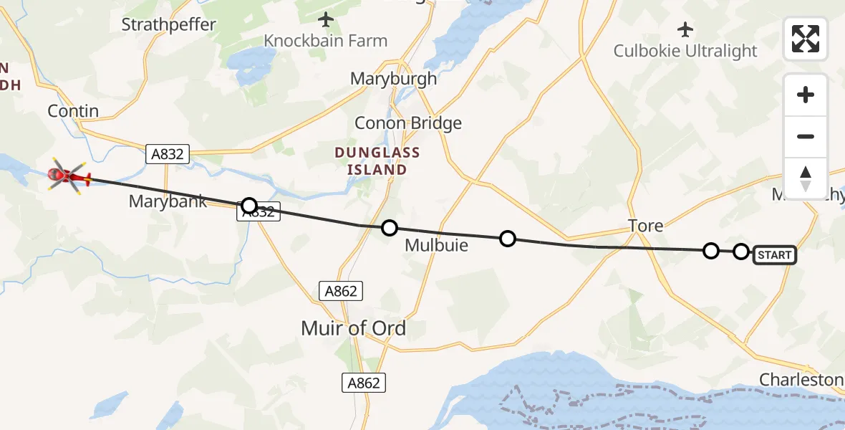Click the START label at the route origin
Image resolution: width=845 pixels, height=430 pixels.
774,255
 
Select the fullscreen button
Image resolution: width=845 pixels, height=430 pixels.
806,39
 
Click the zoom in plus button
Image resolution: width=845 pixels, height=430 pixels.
806,95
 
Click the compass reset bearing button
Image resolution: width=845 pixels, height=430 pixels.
806,177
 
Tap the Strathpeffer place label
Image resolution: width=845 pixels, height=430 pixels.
168,24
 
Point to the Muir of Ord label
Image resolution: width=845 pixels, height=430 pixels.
354,329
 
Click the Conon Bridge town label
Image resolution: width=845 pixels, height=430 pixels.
408,123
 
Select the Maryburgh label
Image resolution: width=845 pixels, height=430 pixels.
393,79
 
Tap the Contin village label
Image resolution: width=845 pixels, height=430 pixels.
72,111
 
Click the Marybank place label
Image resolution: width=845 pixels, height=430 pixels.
168,201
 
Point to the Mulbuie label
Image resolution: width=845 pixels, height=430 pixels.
436,245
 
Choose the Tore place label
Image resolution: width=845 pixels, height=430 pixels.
645,226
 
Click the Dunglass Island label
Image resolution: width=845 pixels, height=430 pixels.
377,161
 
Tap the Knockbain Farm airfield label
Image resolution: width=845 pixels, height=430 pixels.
326,41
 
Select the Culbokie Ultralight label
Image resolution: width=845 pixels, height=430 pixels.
685,51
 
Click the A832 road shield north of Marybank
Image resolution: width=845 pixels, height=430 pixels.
167,153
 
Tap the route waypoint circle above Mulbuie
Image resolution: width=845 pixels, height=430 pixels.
389,228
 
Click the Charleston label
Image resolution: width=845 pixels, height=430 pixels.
801,379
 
